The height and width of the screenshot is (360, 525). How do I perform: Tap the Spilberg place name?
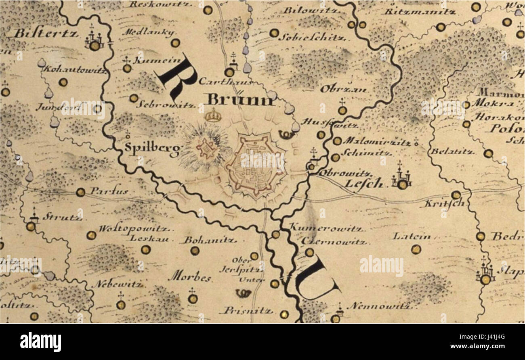click(x=152, y=149)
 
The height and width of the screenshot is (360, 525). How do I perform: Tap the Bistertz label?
click(x=46, y=33)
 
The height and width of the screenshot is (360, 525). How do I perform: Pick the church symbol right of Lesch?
click(x=401, y=180)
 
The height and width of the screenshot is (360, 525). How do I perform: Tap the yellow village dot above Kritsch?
click(x=456, y=195)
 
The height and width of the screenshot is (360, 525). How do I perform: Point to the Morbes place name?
click(x=190, y=277)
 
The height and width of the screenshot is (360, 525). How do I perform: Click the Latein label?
click(x=412, y=236)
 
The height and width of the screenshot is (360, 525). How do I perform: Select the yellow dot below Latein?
click(x=415, y=249)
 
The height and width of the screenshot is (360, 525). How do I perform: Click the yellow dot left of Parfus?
click(x=80, y=192)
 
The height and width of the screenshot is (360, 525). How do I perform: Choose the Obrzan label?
click(x=343, y=89)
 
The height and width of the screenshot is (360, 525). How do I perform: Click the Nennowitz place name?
click(x=379, y=306)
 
